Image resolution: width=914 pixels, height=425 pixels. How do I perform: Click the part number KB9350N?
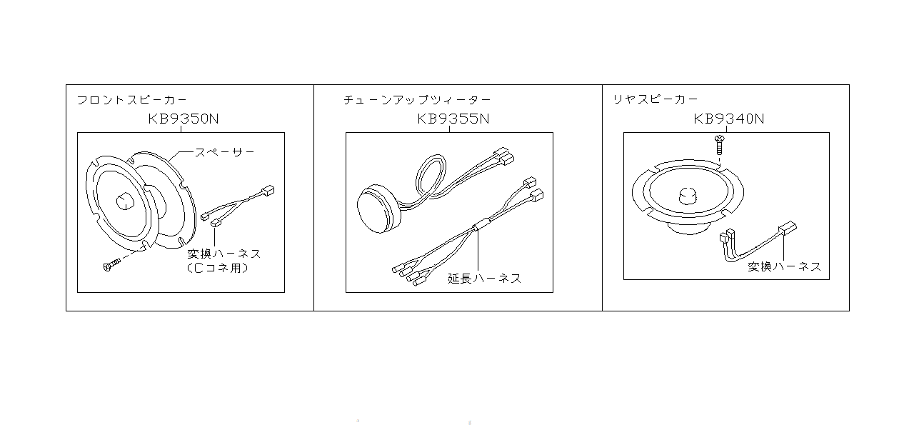click(184, 119)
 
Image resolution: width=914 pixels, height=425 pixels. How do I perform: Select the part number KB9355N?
click(453, 119)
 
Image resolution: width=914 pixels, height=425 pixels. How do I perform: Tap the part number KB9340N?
click(728, 119)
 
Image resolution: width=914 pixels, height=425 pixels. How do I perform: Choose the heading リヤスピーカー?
click(655, 100)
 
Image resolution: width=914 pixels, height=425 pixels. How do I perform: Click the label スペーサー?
click(225, 152)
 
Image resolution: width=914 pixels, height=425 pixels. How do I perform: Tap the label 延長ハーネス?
click(484, 279)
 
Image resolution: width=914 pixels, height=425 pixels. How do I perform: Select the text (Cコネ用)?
click(221, 269)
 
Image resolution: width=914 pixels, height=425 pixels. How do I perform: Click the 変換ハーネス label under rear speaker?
click(784, 266)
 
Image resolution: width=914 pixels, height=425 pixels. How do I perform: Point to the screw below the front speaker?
click(111, 266)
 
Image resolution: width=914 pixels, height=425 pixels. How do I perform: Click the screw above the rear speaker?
click(720, 145)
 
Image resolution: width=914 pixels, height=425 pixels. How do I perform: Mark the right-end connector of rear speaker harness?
click(788, 229)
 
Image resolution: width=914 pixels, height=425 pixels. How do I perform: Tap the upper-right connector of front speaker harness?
click(268, 191)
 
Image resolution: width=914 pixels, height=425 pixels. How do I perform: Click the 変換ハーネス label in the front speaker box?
click(224, 254)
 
